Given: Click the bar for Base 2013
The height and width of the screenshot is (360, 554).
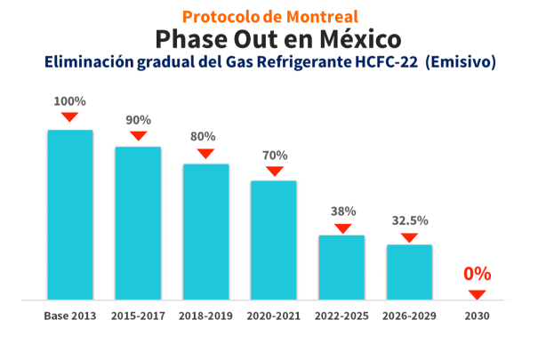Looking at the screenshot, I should [x=69, y=214].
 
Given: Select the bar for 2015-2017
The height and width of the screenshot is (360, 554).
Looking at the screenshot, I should [x=138, y=222].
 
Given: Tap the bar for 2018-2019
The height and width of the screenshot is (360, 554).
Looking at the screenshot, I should [x=205, y=231].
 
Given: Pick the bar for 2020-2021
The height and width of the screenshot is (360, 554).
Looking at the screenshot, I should [x=274, y=239].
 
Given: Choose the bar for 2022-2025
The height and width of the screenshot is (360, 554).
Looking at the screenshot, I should [x=342, y=267].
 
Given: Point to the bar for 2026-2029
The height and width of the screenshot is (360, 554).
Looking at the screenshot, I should [x=409, y=271].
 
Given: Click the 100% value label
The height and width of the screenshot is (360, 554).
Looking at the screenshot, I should [x=69, y=101].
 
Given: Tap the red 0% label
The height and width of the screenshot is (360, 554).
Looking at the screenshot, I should [x=477, y=274].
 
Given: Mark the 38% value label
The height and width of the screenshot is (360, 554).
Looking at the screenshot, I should [x=343, y=212].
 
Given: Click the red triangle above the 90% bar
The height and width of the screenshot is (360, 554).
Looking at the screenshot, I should [x=138, y=136].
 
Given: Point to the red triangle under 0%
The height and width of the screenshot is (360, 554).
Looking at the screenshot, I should [x=478, y=294].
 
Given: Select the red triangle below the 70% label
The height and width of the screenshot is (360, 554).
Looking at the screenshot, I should [x=274, y=171].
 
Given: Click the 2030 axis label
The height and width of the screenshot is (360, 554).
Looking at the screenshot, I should [x=478, y=316].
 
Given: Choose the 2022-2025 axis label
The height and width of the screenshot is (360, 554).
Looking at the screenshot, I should [x=342, y=316].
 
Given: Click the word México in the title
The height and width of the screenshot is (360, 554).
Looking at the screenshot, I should [x=357, y=39].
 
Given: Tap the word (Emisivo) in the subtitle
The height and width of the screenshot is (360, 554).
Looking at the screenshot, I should [x=462, y=63].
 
